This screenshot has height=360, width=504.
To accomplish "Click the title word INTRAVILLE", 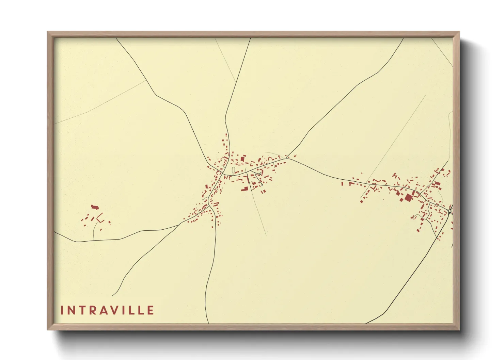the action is click(x=107, y=310).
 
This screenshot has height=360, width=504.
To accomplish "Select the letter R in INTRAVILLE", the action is click(x=94, y=310).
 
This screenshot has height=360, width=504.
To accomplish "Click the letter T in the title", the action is click(x=83, y=310).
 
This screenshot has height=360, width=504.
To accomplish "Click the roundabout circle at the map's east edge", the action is click(x=450, y=211).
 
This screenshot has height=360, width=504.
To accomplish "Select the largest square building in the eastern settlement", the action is click(x=408, y=198).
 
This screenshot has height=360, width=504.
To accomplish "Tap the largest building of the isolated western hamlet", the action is click(x=94, y=207).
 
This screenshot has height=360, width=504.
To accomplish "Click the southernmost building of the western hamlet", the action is click(x=101, y=230).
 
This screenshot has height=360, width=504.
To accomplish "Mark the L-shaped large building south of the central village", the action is click(x=244, y=189).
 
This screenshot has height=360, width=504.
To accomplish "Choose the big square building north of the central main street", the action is click(x=243, y=159).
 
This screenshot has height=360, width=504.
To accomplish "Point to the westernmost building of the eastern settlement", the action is click(x=342, y=184).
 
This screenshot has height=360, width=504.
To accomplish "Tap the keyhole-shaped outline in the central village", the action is click(x=233, y=170).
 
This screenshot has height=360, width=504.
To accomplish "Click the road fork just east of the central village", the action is click(x=287, y=158).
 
